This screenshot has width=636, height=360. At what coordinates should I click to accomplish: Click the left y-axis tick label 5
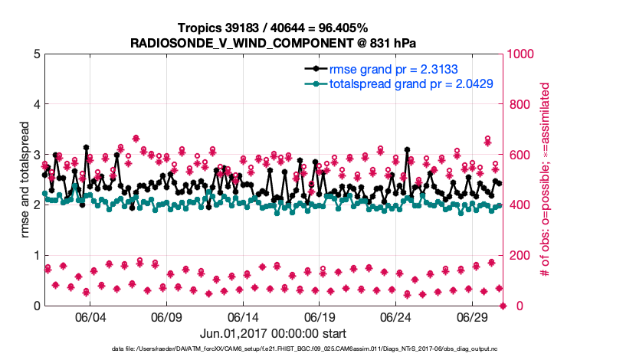pos(36,54)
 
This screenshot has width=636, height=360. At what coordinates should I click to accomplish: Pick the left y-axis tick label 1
pos(36,256)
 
